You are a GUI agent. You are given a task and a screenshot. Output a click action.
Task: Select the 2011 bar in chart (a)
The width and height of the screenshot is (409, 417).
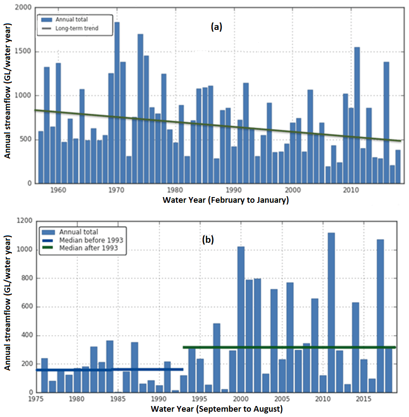pos(357,114)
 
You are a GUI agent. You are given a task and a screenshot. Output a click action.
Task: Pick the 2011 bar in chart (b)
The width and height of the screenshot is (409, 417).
pos(331,312)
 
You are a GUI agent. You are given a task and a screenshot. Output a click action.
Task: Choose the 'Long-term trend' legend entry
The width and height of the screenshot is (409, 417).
pos(77,28)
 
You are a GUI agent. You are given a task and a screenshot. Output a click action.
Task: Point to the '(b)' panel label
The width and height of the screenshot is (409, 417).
pos(208,240)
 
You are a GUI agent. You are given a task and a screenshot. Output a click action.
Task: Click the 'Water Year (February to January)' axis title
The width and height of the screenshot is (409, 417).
pos(225,200)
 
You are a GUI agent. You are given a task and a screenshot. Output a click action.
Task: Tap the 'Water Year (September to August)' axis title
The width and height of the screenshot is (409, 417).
pos(217,409)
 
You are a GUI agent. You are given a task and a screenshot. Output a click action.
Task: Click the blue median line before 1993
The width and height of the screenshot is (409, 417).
pos(110,369)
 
